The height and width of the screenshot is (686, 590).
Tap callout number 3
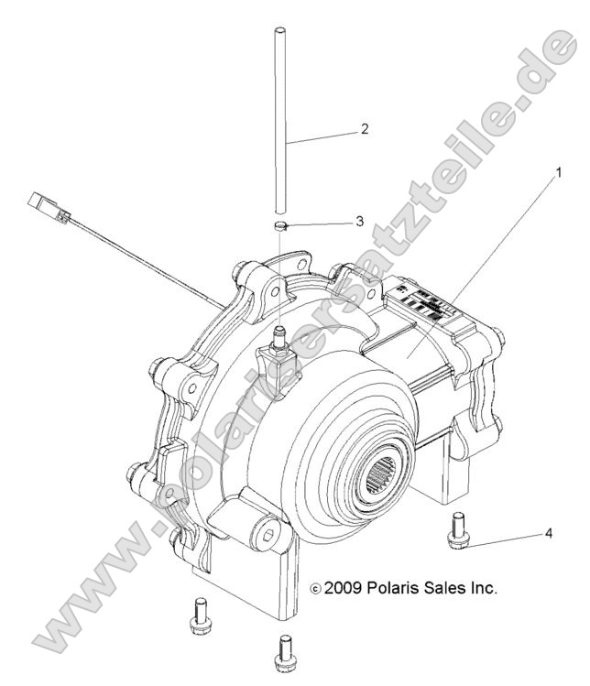[360, 221]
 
